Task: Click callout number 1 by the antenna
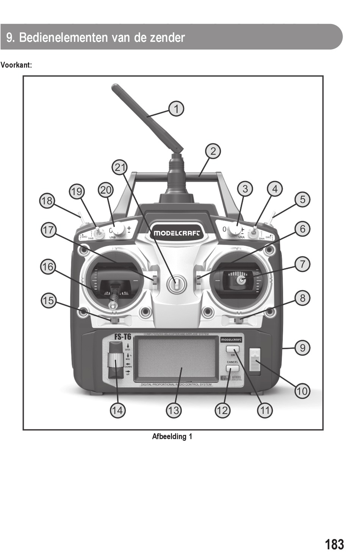click(176, 109)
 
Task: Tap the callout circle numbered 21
click(120, 167)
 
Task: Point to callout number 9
click(302, 348)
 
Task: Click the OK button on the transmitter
click(233, 349)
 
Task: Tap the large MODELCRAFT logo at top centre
click(176, 233)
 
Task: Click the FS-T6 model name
click(123, 336)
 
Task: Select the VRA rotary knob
click(234, 230)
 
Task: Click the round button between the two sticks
click(176, 284)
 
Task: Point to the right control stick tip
click(240, 280)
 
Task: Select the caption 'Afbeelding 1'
click(172, 436)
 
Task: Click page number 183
click(334, 544)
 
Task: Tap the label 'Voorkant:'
click(16, 65)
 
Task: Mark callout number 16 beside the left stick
click(48, 267)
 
